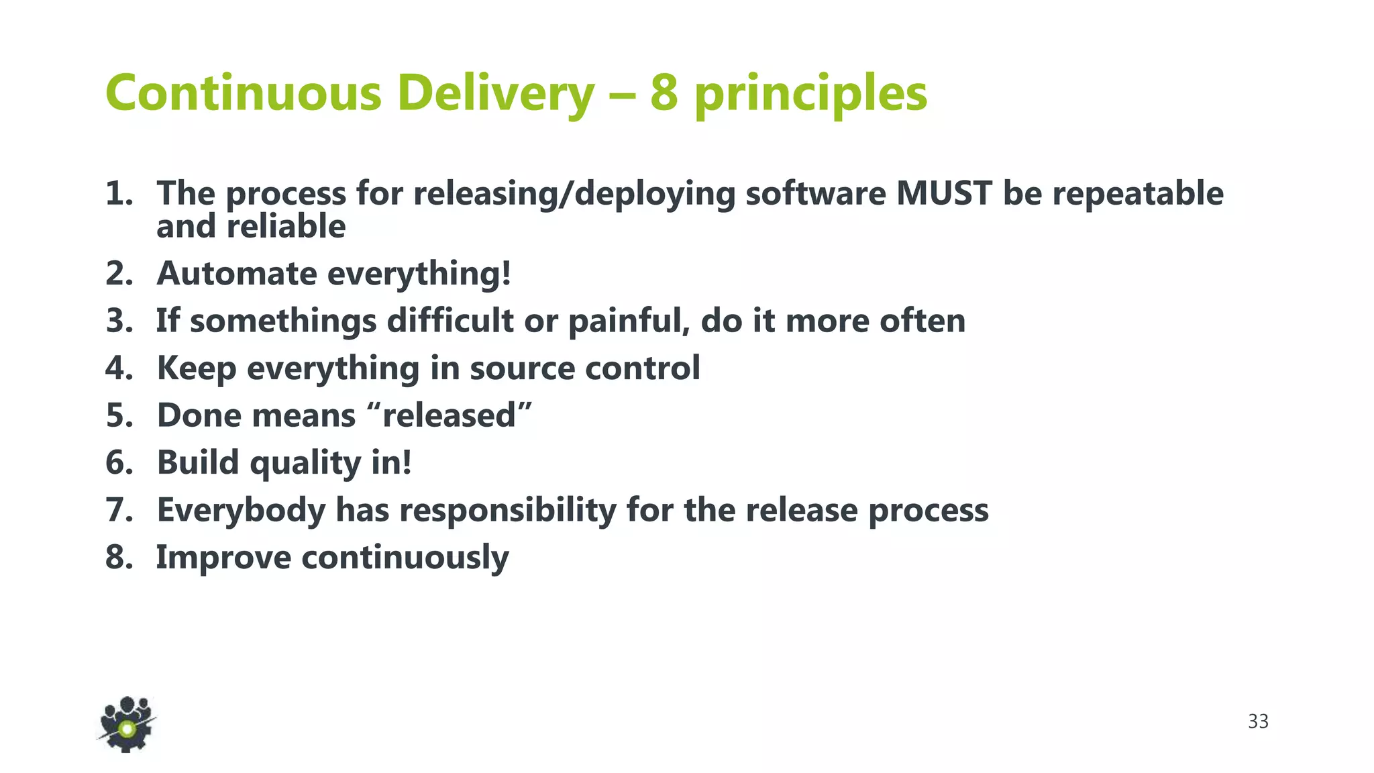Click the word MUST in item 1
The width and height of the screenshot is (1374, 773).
tap(943, 193)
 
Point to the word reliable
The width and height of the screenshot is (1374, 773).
tap(286, 226)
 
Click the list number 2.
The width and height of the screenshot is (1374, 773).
tap(118, 274)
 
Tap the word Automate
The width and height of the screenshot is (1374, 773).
tap(236, 274)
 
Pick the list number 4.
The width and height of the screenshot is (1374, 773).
tap(118, 368)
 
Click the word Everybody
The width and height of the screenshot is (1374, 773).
tap(241, 511)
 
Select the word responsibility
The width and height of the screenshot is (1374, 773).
tap(508, 511)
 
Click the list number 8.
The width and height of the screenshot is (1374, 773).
tap(118, 558)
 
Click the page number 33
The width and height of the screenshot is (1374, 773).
tap(1258, 721)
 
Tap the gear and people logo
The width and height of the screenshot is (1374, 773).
tap(126, 725)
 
